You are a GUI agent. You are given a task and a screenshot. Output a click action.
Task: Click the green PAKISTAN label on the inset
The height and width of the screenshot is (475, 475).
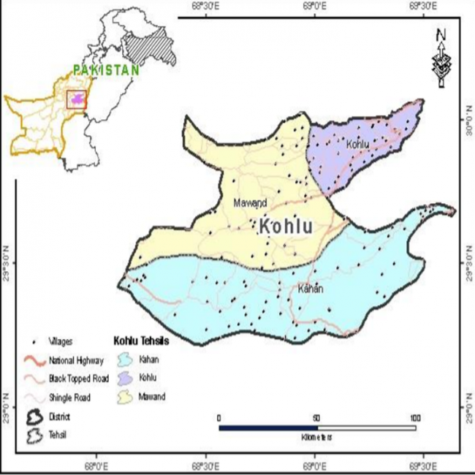[x=106, y=69]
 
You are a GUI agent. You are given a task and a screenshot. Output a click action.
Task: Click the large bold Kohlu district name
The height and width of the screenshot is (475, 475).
[x=286, y=227]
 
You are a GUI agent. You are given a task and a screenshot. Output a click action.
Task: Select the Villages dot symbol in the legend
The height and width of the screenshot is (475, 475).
[x=34, y=341]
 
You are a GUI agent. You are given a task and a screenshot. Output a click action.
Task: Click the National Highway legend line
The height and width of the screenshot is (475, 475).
[x=34, y=360]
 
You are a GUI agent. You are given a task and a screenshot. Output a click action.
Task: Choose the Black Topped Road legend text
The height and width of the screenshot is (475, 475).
[x=77, y=379]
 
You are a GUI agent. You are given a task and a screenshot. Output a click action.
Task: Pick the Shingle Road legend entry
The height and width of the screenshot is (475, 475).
[x=70, y=397]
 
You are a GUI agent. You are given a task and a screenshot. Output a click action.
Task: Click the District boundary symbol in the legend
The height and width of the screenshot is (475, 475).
[x=34, y=416]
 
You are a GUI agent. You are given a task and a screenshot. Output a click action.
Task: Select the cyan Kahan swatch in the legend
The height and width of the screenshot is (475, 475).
[x=125, y=360]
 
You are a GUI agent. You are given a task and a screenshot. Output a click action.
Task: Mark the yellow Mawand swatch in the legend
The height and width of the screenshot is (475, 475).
[x=125, y=397]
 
